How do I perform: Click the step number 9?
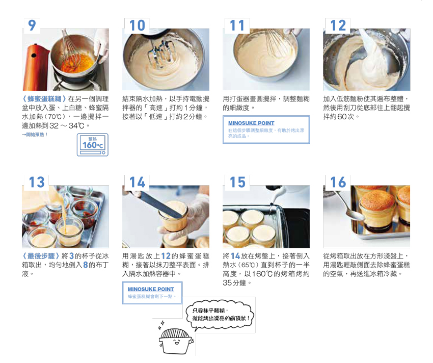tap(32, 25)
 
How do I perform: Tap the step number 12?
tap(338, 25)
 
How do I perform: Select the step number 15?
tap(237, 183)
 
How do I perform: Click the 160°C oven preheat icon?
tap(93, 145)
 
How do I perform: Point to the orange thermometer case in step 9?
tap(35, 68)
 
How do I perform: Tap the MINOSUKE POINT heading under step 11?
tap(251, 123)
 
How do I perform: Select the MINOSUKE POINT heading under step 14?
tap(151, 289)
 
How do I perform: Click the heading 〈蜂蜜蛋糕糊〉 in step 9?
tap(44, 99)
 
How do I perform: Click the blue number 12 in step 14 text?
tap(166, 256)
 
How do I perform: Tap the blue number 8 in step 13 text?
tap(86, 265)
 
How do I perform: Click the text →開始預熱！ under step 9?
tap(35, 135)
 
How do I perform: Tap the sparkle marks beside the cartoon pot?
tap(161, 325)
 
